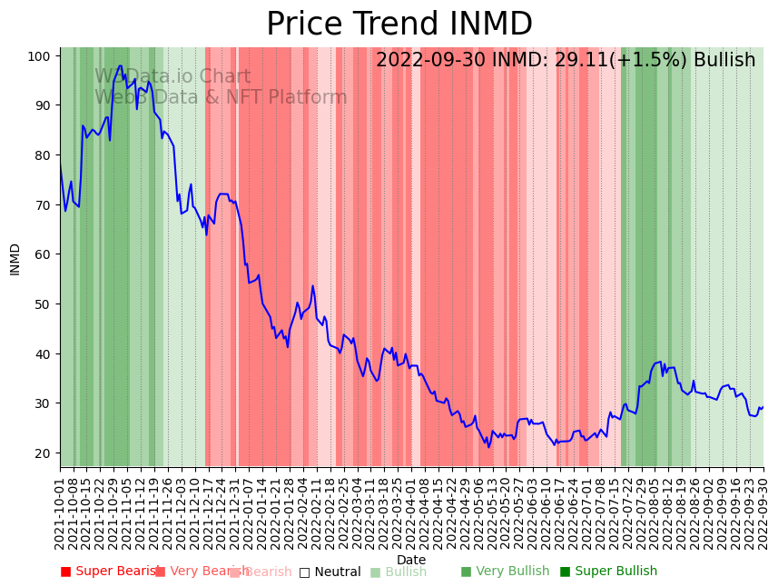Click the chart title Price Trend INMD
(399, 25)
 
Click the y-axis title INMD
(15, 259)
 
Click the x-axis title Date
(411, 560)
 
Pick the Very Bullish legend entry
(505, 572)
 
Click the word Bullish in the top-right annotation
(724, 61)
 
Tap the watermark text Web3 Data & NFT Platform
(221, 97)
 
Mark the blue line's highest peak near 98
(120, 65)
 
